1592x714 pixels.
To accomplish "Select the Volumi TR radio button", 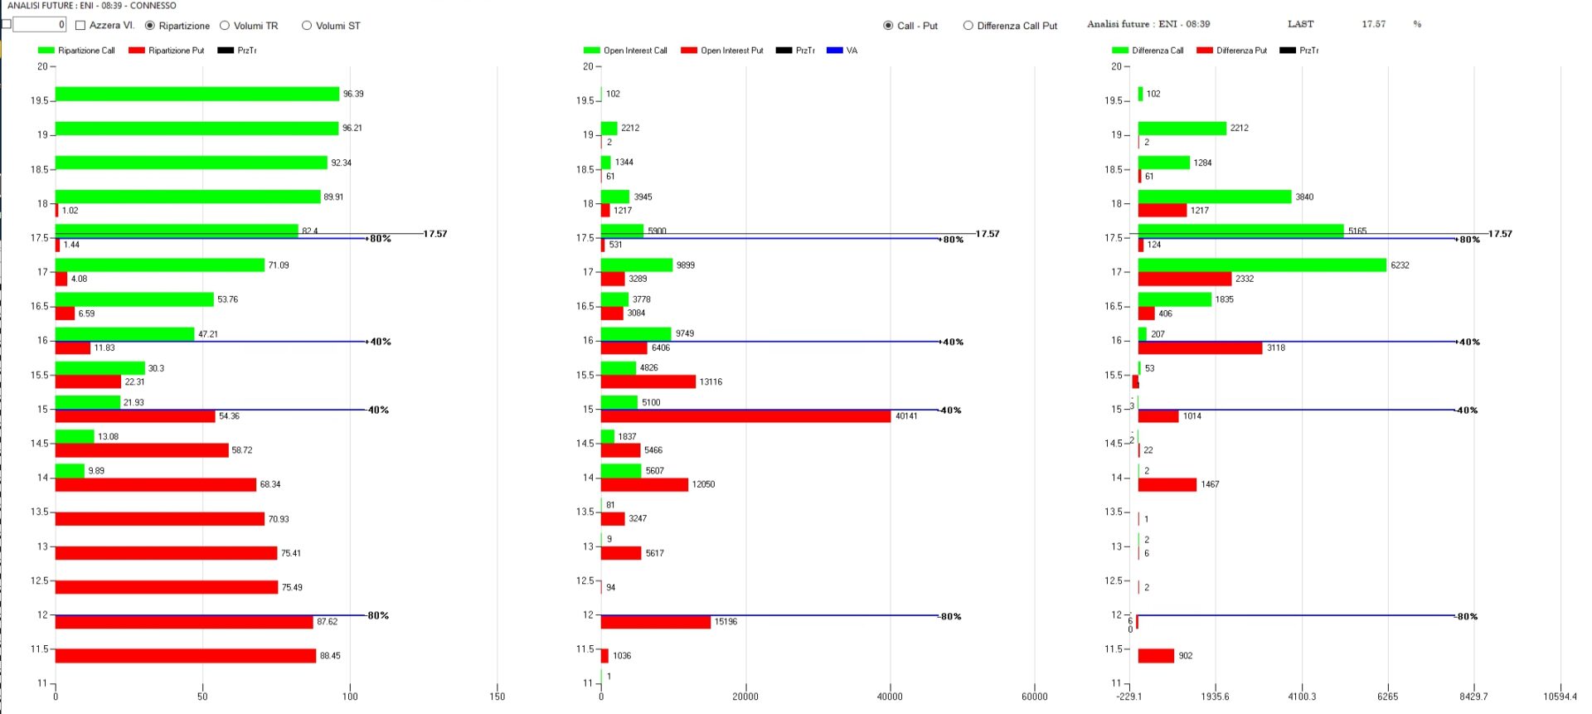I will pos(225,26).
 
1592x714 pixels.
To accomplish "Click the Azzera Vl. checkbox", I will pos(80,26).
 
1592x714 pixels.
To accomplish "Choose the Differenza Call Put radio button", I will pos(968,26).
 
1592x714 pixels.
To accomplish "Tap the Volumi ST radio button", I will pos(307,26).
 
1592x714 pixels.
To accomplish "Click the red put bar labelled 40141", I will pos(745,416).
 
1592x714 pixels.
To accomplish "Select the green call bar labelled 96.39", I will pos(197,94).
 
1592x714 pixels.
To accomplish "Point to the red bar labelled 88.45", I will pos(186,656).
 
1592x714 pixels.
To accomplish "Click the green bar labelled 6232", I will pos(1261,265).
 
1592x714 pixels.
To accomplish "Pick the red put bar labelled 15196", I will pos(655,622).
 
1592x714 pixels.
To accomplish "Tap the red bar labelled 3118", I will pos(1200,347).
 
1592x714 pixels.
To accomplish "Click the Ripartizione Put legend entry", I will pos(167,51).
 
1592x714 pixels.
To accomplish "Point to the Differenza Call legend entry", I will pos(1148,51).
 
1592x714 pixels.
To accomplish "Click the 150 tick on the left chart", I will pos(498,697).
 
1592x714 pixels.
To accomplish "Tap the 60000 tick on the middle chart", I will pos(1034,697).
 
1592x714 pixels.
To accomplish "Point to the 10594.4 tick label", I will pos(1560,697).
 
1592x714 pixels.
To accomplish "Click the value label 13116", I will pos(711,382).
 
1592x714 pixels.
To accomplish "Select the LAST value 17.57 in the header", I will pos(1373,24).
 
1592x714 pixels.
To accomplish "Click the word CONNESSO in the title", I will pos(153,6).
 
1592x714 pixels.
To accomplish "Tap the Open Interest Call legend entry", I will pos(626,51).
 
